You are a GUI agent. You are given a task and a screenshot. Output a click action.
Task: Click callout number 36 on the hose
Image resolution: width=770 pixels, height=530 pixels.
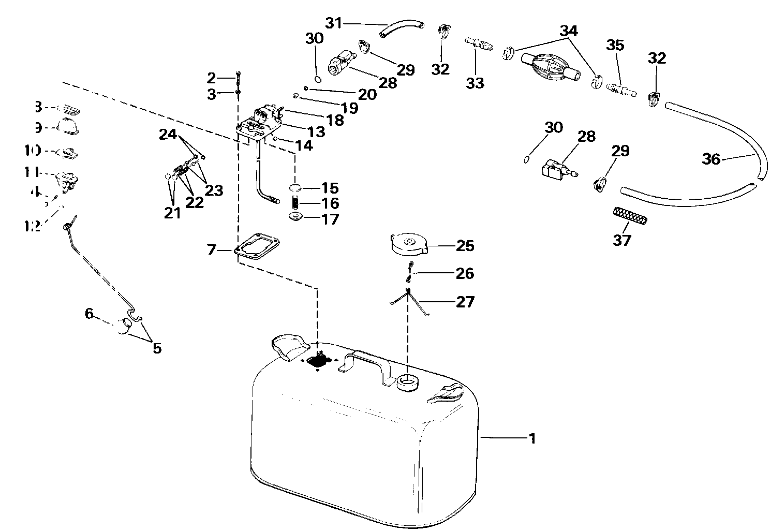click(x=711, y=159)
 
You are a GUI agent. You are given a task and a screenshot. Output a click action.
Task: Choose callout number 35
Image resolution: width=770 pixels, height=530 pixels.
click(x=615, y=46)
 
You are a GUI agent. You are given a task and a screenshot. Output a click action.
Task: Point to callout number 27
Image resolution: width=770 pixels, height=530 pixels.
click(x=464, y=301)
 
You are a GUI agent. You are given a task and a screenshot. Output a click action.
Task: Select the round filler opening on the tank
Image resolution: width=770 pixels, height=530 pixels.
click(x=407, y=382)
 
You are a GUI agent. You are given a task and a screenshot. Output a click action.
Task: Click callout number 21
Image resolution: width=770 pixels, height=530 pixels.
click(x=172, y=212)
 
